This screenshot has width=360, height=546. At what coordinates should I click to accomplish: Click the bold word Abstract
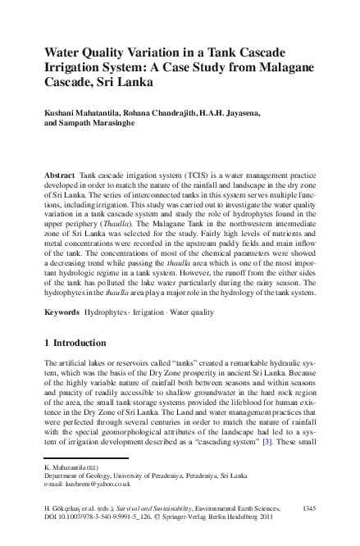click(60, 176)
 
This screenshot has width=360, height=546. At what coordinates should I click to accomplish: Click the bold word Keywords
click(62, 312)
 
